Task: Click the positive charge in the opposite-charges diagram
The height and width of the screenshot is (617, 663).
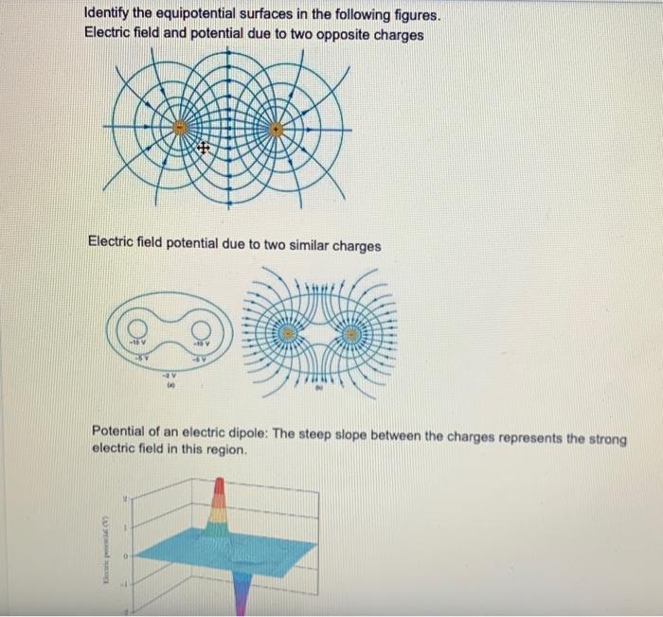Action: pos(276,128)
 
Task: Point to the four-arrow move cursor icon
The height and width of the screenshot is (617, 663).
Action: pos(203,150)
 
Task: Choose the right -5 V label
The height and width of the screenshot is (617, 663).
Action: pos(201,359)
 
